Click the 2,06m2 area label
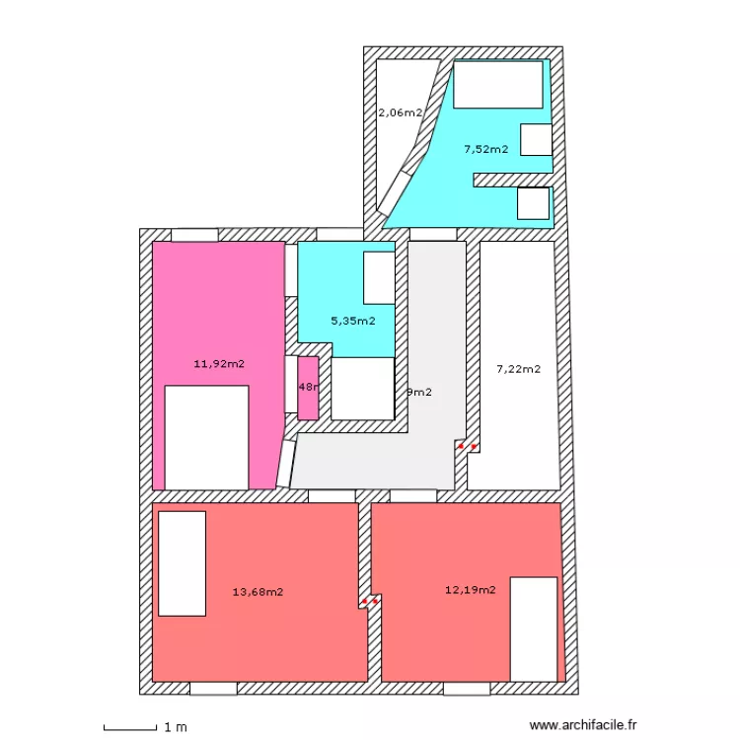[400, 112]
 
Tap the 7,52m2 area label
[485, 150]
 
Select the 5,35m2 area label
[352, 321]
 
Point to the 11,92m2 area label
[219, 363]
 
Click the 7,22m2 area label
[518, 369]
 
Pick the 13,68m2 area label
[258, 592]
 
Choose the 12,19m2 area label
[470, 590]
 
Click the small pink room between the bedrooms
[308, 388]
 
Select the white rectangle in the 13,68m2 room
[182, 563]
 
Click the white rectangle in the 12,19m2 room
[533, 629]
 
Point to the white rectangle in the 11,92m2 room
[206, 437]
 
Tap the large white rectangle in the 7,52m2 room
[498, 85]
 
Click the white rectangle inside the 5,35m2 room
[379, 277]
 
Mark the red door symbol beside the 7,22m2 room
[468, 446]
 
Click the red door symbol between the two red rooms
[370, 601]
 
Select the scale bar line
[129, 729]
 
